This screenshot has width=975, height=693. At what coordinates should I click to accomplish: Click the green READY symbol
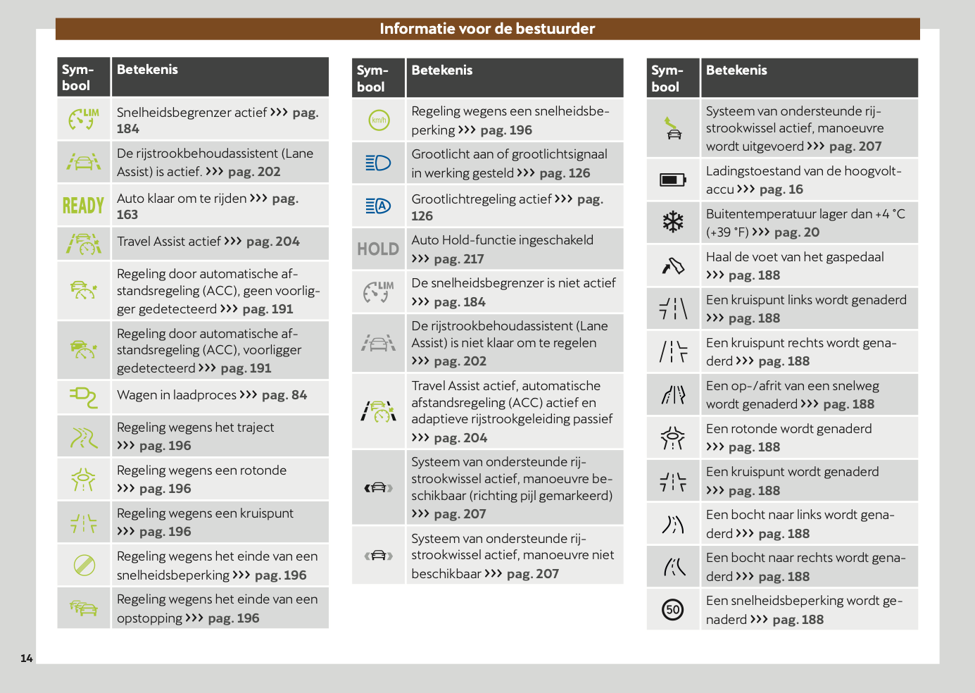coord(83,206)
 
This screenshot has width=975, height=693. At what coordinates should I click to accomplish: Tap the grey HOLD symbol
coord(378,249)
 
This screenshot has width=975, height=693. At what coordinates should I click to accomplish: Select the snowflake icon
coord(673,223)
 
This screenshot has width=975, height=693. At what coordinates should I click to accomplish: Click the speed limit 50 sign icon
coord(673,610)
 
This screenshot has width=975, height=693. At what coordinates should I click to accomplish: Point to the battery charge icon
coord(673,180)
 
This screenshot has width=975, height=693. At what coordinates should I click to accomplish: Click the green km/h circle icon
coord(379,120)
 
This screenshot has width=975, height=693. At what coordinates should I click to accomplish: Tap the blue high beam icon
coord(378,163)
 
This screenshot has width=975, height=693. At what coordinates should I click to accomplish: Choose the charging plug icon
coord(84,397)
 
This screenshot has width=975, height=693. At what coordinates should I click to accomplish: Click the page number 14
coord(27,658)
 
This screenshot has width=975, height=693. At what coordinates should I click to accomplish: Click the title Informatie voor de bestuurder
coord(487,29)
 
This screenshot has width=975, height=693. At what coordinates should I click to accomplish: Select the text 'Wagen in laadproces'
coord(177,395)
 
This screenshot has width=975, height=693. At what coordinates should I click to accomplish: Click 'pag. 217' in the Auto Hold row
coord(458,259)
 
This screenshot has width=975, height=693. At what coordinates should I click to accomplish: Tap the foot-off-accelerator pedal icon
coord(673,266)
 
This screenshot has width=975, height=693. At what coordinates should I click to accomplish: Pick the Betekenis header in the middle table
coord(442,70)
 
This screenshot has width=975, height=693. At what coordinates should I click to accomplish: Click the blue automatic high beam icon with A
coord(378,206)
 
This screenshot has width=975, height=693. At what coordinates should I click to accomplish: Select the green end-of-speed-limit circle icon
coord(84,565)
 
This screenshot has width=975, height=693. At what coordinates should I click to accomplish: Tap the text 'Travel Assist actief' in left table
coord(169,242)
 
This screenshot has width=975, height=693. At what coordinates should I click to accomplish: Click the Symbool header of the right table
coord(667,78)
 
